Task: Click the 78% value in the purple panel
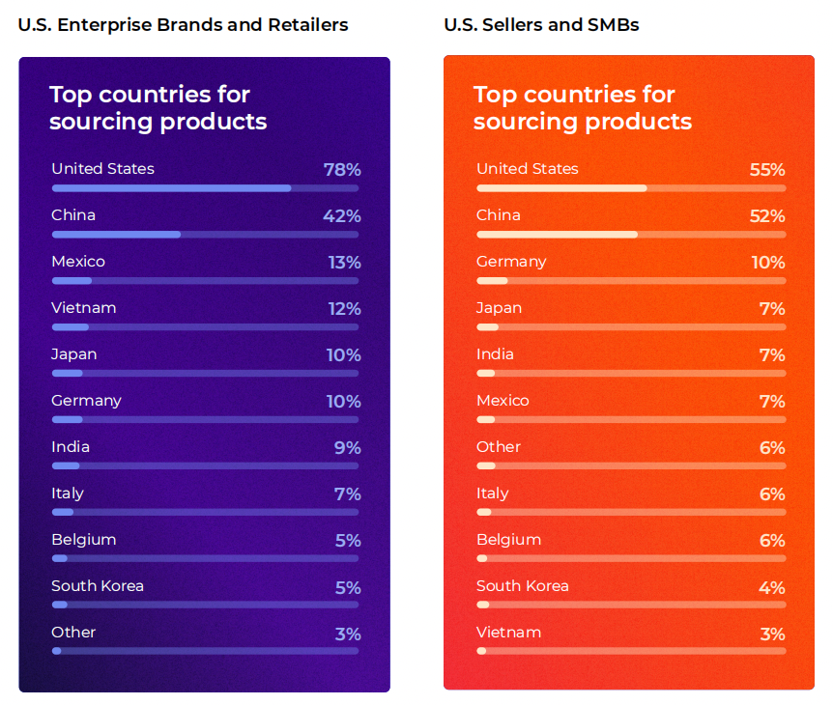click(341, 170)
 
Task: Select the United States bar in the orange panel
click(561, 187)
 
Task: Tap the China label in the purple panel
click(73, 215)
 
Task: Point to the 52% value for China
click(766, 216)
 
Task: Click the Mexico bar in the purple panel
click(72, 280)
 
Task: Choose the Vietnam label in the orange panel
click(508, 633)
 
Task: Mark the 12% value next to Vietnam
click(343, 309)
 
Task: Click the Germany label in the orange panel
click(511, 262)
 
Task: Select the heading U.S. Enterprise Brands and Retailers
click(183, 25)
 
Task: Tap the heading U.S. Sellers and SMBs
click(541, 25)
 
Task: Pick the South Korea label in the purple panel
click(98, 586)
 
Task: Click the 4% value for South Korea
click(772, 587)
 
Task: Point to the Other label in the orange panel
click(499, 447)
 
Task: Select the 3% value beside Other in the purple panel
click(347, 634)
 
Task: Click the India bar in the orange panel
click(486, 373)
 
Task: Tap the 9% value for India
click(347, 448)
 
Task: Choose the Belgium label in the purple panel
click(84, 540)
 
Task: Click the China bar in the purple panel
click(116, 234)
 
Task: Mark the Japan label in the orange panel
click(499, 308)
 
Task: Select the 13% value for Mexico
click(344, 263)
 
